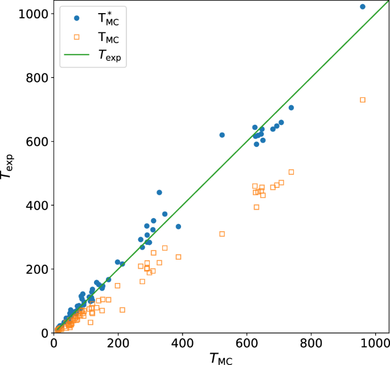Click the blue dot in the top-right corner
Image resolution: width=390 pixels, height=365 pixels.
pyautogui.click(x=363, y=7)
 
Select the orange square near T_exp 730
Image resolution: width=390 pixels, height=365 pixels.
pyautogui.click(x=363, y=100)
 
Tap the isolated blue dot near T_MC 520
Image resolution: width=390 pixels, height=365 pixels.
pyautogui.click(x=222, y=135)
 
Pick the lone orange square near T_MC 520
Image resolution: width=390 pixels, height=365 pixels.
pyautogui.click(x=222, y=234)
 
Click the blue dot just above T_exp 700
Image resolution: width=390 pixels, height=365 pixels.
pyautogui.click(x=291, y=108)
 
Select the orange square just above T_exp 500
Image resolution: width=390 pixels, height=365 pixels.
pyautogui.click(x=291, y=172)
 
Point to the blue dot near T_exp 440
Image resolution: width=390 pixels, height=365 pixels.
pyautogui.click(x=159, y=192)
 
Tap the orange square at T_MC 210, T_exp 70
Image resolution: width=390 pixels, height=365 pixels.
pyautogui.click(x=122, y=310)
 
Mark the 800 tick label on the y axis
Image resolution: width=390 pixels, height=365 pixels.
pyautogui.click(x=36, y=77)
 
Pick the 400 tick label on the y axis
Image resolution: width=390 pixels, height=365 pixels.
pyautogui.click(x=36, y=205)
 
